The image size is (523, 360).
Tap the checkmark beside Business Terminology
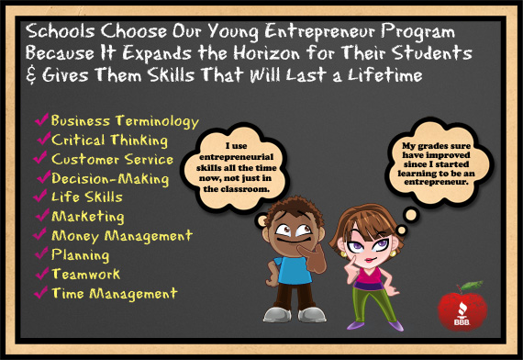click(40, 119)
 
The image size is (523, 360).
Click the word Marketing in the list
click(88, 217)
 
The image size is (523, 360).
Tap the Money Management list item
click(122, 236)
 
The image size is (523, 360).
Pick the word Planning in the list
click(81, 255)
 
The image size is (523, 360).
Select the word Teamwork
click(86, 275)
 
